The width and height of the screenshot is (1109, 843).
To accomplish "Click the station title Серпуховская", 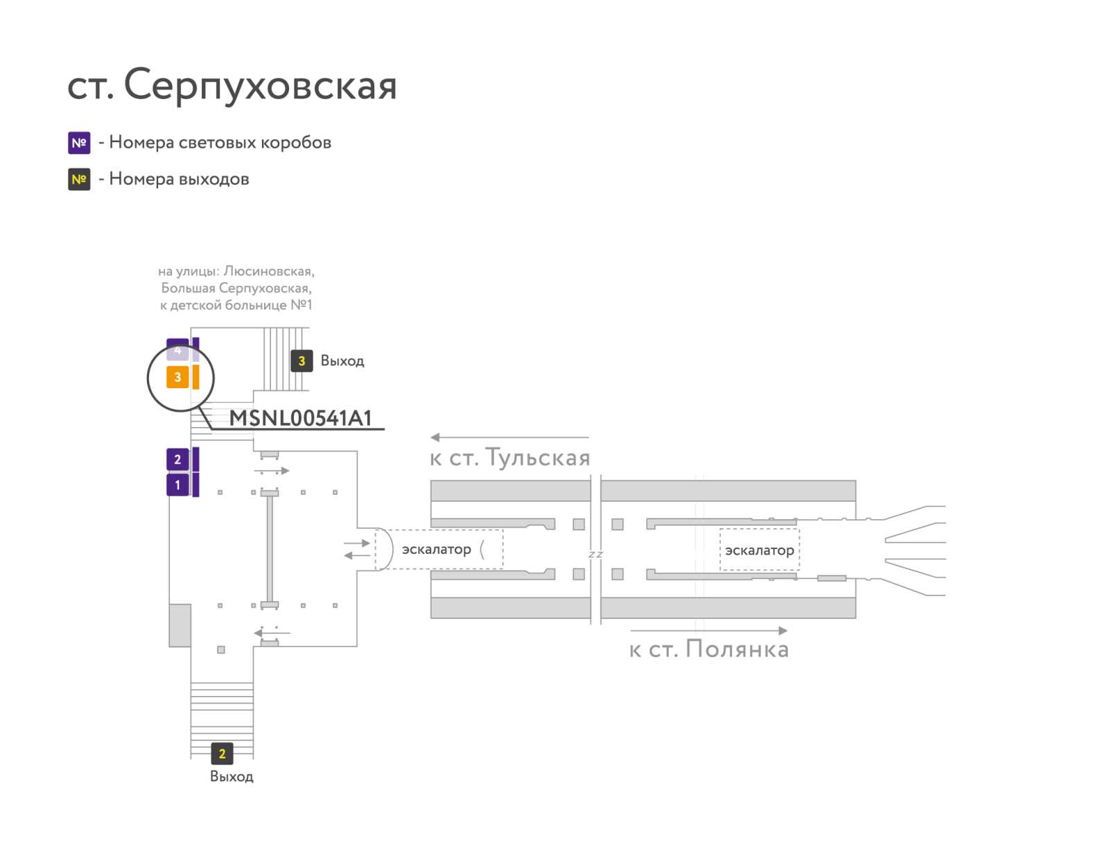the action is coord(260,85).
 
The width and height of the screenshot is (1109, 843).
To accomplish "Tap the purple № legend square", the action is coord(79,143).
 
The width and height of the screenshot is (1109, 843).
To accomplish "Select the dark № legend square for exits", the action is coord(79,180).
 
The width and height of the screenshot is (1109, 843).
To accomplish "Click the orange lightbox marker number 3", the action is coord(177,377).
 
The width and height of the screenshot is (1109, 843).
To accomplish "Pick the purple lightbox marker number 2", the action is coord(177,459).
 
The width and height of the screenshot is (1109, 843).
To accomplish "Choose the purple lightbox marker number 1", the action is coord(177,485).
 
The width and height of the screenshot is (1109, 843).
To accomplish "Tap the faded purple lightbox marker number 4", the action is coord(177,349).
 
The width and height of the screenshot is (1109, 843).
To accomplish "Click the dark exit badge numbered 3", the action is coord(302,361).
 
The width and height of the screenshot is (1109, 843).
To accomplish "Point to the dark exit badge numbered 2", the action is coord(222,754).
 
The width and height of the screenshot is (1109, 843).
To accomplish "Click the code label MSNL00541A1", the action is coord(300,418).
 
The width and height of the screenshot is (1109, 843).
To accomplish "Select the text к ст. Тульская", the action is coord(509,458).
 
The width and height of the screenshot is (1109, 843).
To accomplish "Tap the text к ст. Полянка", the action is coord(709,648).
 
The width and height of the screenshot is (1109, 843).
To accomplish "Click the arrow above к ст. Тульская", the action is coord(509,437).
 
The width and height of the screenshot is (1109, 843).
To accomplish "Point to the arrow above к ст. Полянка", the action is coord(709,630).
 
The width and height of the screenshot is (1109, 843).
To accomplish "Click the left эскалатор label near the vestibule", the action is coord(437,549).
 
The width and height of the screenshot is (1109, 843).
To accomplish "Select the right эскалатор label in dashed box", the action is coord(760,550).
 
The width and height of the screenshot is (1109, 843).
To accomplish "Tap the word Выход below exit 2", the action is coord(232,776).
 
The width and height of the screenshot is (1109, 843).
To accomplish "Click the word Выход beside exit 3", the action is coord(342,360).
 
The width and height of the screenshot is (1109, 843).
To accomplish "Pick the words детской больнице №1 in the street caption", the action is coord(241,305).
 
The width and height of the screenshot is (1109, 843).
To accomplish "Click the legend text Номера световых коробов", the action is coord(220,142).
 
